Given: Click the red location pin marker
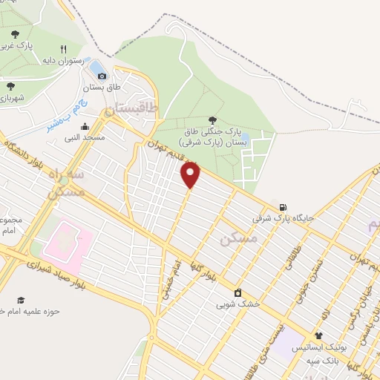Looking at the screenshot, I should pyautogui.click(x=191, y=175).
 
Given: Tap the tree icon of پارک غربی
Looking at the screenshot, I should pyautogui.click(x=15, y=34).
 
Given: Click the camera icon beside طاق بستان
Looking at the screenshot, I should pyautogui.click(x=102, y=75).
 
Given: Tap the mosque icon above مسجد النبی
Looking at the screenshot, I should pyautogui.click(x=85, y=125).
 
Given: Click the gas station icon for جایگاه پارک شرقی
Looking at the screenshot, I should pyautogui.click(x=282, y=207).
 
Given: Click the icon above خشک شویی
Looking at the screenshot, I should pyautogui.click(x=237, y=292).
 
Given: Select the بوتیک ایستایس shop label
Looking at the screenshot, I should pyautogui.click(x=318, y=347).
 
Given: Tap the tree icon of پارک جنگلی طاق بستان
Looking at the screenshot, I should pyautogui.click(x=213, y=119).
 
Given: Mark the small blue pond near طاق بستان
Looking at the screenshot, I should pyautogui.click(x=96, y=68).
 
